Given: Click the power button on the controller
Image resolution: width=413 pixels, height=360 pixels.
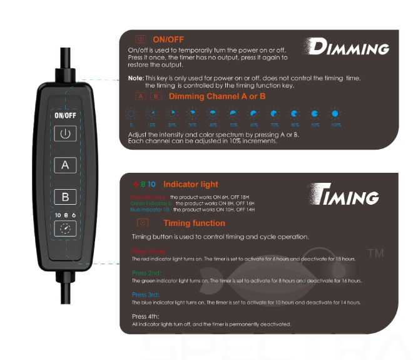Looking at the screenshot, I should [65, 133].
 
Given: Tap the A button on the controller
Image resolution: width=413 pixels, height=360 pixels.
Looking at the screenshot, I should [65, 165].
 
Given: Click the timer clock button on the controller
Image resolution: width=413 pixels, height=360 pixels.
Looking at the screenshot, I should [65, 229].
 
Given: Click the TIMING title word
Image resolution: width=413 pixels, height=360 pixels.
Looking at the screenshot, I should [345, 196].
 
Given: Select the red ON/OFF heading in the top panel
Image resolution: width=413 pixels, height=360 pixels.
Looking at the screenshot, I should [168, 39].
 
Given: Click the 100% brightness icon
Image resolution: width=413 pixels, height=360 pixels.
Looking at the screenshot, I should [335, 114].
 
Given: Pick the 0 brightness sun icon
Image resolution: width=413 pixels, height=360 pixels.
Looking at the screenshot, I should [132, 114].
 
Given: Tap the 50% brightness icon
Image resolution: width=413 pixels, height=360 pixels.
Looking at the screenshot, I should [233, 114].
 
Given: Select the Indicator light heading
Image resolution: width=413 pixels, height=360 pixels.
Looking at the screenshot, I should [191, 184].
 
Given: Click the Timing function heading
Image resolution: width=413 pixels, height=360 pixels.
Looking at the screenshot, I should [194, 223].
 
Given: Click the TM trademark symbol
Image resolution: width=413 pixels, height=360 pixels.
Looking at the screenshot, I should [375, 254].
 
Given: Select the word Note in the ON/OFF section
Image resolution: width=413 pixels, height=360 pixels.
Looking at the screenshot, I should [136, 78].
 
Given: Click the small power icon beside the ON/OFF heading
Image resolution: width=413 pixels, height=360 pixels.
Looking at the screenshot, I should [140, 39].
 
